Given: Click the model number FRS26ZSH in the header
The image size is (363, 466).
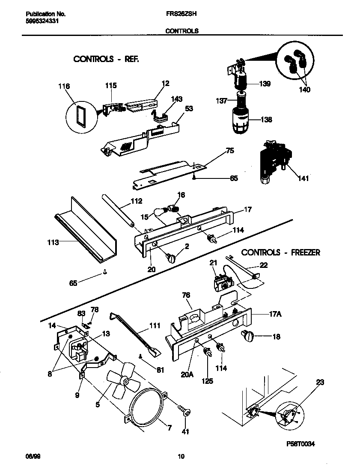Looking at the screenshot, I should point(181,13).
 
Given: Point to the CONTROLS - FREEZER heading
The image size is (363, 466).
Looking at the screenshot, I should point(281,252).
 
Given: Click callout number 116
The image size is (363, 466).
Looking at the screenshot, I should point(64,86).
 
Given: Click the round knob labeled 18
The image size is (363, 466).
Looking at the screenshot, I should point(248,336).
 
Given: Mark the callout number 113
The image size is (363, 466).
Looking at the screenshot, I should point(53,242).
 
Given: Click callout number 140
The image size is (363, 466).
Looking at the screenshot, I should point(305,89).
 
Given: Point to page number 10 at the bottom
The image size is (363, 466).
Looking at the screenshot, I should point(181,457).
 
